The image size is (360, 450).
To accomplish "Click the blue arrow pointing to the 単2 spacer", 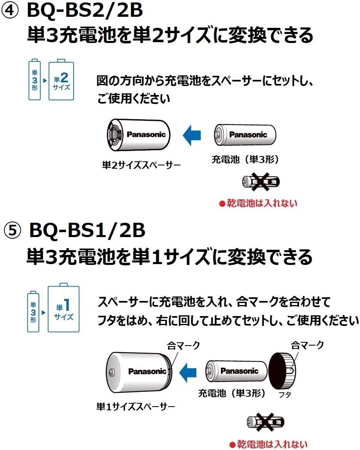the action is pos(191,135).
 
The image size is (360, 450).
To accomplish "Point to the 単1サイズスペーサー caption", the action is pos(135,407).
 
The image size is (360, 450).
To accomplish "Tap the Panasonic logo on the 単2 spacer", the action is pos(146,134).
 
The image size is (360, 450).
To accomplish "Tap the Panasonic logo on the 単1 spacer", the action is pos(147,371).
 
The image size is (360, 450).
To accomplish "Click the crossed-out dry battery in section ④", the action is pos(261,181).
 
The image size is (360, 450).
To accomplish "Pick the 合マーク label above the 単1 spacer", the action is pos(183,346).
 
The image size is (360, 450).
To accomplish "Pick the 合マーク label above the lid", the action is pos(307,345).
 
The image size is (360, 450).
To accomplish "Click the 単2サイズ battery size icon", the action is pos(61,81).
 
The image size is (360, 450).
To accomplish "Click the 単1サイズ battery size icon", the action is pos(63,309).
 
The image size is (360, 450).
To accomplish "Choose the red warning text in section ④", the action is pos(258,203).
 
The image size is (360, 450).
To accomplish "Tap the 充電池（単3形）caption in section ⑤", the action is pos(232,393).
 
